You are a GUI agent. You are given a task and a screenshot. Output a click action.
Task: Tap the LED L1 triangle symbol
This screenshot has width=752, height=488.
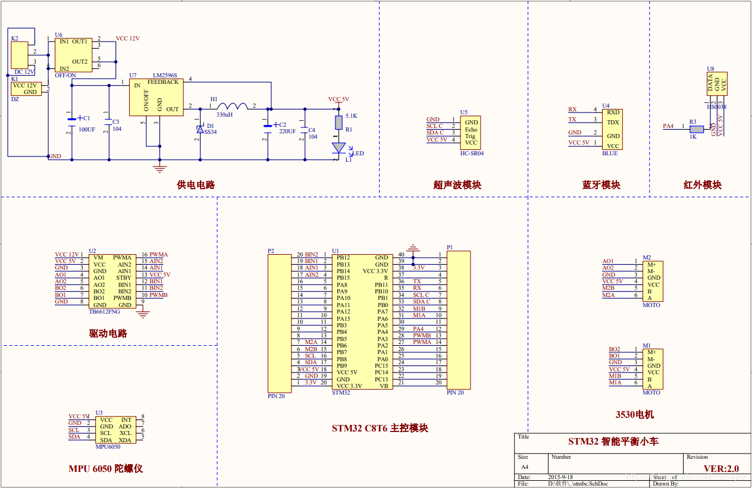pos(339,147)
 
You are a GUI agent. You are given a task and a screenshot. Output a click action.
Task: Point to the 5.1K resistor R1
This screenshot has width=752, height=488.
pos(339,123)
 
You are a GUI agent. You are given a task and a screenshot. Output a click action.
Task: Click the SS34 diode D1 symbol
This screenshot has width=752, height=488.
pos(200,129)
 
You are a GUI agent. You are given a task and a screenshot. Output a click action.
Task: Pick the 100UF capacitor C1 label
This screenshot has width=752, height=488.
pos(87,129)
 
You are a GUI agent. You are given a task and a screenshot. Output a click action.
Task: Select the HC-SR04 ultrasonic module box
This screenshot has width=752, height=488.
pos(471,133)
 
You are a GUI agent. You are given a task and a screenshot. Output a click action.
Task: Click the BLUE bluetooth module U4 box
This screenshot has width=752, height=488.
pos(612,129)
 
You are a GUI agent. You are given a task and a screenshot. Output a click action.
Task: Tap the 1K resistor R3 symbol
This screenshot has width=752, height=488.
pos(695,129)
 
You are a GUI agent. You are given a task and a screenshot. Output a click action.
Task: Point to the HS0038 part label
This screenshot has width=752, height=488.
pos(716,107)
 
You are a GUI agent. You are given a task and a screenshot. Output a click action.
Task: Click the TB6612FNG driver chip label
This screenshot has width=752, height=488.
pos(104,311)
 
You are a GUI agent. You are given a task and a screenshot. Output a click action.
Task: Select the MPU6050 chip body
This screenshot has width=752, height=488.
pos(116,430)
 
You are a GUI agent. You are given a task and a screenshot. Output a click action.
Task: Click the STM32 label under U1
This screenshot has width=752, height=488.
pos(341,393)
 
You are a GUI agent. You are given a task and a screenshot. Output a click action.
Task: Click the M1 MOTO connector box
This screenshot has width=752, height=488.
pos(653,368)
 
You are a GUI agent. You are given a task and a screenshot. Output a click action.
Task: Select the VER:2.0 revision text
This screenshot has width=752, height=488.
pos(721,468)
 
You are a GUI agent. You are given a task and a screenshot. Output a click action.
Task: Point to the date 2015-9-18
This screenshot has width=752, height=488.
pos(560,477)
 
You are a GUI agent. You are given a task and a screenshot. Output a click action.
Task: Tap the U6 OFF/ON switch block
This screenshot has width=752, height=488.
pos(74,55)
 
